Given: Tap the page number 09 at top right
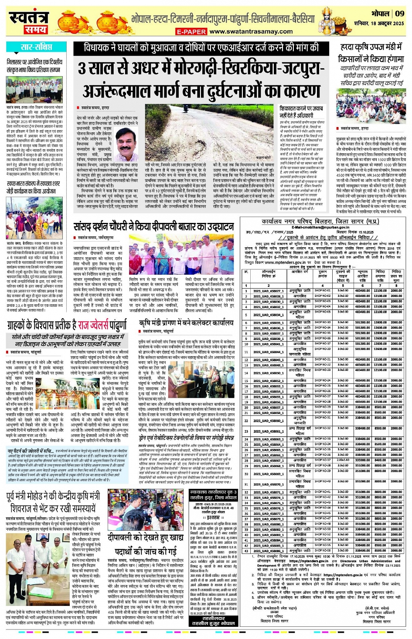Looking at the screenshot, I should (399, 13).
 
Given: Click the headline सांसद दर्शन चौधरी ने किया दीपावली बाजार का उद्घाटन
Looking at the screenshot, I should (153, 227).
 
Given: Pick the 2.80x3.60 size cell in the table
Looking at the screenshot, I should (343, 460).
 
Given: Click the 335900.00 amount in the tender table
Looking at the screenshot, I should (362, 460).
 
